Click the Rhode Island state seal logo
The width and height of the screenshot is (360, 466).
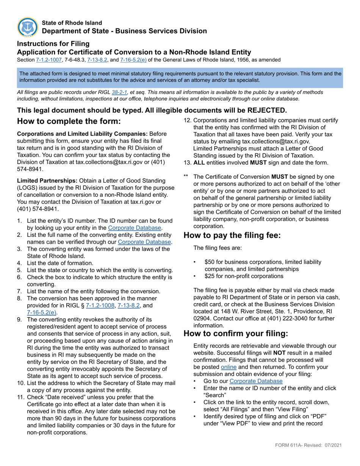[28, 27]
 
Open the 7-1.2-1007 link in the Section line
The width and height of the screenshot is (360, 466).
[48, 60]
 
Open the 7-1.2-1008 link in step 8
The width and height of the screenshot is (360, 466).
[100, 305]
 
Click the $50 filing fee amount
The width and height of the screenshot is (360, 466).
[209, 262]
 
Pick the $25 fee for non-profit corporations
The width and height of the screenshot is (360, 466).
[209, 276]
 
